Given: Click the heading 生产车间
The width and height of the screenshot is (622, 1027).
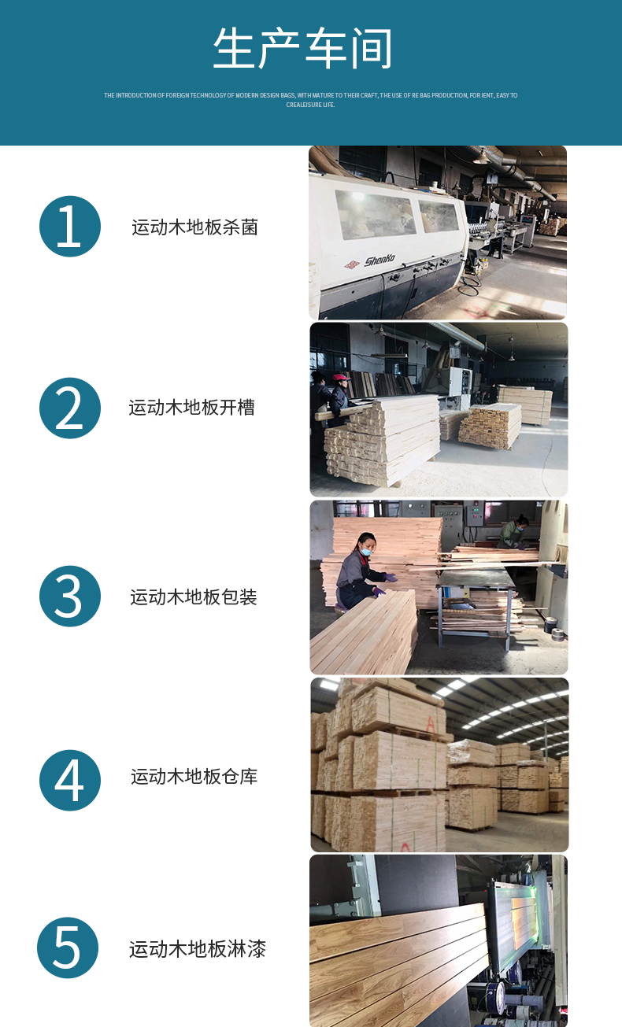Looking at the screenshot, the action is [x=302, y=48].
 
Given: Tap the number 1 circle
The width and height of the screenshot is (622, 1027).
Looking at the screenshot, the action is [x=70, y=227].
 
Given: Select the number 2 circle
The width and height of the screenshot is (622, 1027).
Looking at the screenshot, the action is [x=70, y=408].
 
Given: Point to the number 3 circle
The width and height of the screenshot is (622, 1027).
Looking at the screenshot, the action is [x=70, y=596].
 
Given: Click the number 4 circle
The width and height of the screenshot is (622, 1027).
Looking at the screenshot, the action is [x=70, y=781].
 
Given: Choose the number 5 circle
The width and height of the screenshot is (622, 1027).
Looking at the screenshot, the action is [x=68, y=948].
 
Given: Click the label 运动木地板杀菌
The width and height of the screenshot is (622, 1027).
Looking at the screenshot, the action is [x=194, y=227].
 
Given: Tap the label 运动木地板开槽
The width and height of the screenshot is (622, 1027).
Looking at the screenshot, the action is [x=192, y=408].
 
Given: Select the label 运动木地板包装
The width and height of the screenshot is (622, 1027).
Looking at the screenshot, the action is [x=194, y=597].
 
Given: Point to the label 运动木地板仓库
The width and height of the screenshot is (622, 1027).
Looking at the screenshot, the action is [x=194, y=777].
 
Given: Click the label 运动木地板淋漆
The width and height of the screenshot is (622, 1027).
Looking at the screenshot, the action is [x=198, y=949].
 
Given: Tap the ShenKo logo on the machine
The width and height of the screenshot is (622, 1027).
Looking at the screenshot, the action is [x=379, y=260].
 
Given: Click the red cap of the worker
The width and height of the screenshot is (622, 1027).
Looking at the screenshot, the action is [x=341, y=377].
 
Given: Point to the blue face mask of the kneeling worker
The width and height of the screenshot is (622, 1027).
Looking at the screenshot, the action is [x=365, y=552].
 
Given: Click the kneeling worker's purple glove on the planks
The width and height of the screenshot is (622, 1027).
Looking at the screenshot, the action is [x=391, y=578].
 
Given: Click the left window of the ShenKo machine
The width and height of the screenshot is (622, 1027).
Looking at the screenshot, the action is [x=375, y=215].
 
